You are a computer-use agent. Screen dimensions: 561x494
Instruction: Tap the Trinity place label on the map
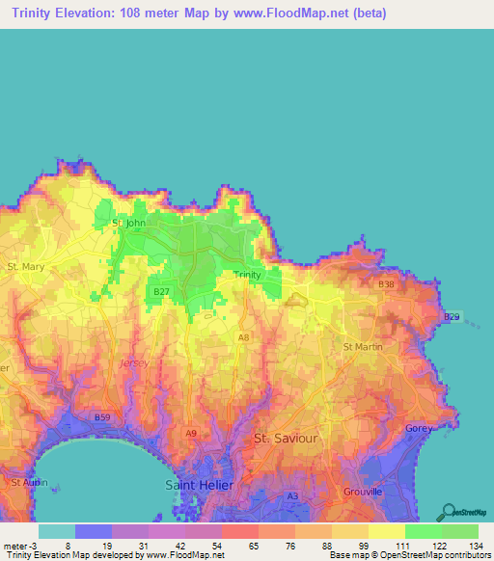click(248, 275)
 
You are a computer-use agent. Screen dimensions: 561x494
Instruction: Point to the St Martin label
click(363, 346)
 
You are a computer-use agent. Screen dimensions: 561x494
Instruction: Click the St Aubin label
click(27, 480)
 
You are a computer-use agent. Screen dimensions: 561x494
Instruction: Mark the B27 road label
click(162, 289)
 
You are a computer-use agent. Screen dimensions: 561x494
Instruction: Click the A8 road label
click(243, 336)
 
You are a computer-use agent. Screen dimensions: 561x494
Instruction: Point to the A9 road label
click(191, 434)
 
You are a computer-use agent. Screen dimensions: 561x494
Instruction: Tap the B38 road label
click(387, 284)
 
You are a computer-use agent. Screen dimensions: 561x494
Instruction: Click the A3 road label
click(292, 495)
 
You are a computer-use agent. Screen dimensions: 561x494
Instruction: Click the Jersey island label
click(129, 362)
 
